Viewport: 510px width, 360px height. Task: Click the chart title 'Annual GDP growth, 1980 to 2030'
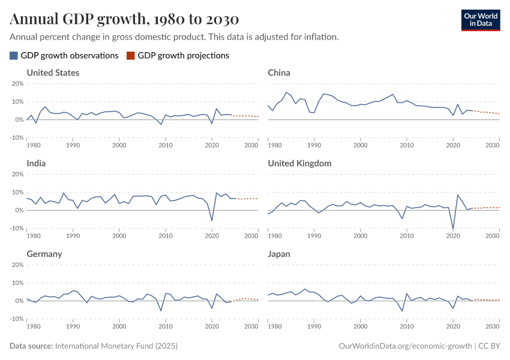(124, 19)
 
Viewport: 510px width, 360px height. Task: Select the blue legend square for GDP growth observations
(14, 55)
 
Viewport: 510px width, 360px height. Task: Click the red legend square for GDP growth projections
(131, 55)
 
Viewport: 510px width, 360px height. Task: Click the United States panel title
(53, 73)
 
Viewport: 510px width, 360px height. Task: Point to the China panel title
(279, 73)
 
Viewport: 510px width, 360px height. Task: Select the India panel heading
(37, 163)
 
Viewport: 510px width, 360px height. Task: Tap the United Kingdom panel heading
(299, 163)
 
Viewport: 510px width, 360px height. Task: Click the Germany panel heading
(44, 254)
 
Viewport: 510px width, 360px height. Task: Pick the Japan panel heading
(279, 254)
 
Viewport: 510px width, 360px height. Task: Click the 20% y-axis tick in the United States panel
(17, 83)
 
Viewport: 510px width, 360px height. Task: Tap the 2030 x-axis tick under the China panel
(493, 145)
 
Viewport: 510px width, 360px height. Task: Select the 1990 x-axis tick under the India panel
(73, 236)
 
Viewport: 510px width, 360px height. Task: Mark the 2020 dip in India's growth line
(212, 220)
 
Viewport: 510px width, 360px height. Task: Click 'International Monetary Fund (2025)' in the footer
(116, 346)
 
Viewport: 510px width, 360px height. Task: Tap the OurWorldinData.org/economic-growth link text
(405, 346)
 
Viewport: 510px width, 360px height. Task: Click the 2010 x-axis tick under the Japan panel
(407, 326)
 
